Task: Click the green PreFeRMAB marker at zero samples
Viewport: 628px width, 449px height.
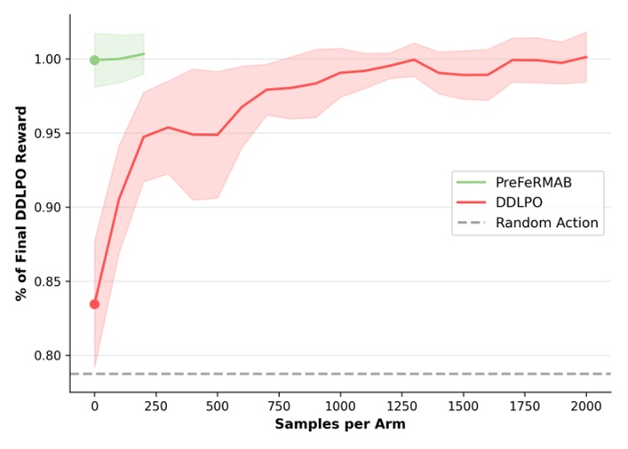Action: (x=94, y=60)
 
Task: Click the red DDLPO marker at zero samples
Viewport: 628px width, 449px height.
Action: (x=94, y=304)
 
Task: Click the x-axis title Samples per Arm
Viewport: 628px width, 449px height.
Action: (x=340, y=425)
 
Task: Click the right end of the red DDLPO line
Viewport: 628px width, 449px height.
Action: (x=586, y=57)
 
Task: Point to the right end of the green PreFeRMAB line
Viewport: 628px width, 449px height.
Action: (x=144, y=54)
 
